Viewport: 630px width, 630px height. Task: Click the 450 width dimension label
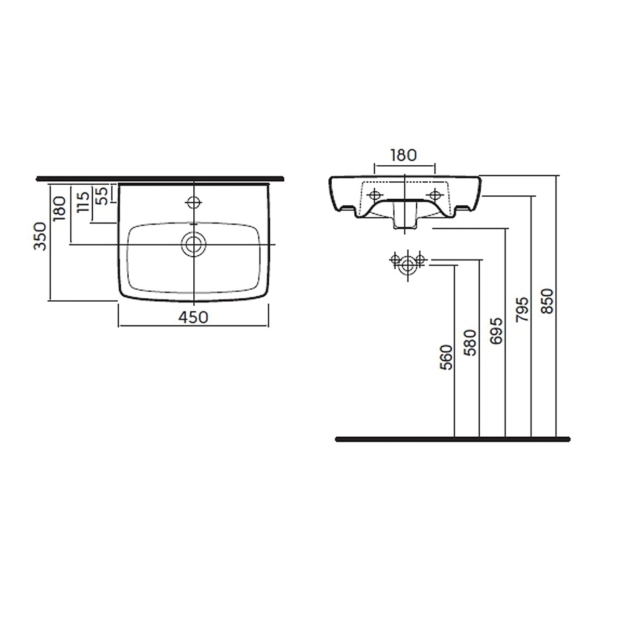tap(193, 317)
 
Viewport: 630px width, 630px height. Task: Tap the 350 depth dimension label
tap(40, 237)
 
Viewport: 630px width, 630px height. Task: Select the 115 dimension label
tap(83, 202)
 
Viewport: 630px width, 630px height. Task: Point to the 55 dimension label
tap(104, 196)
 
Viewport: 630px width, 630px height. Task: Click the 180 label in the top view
tap(59, 209)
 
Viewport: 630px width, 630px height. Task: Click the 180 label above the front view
tap(403, 155)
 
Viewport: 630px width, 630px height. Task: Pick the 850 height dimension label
tap(547, 301)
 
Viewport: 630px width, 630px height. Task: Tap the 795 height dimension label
tap(522, 309)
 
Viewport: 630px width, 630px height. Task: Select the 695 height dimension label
tap(496, 330)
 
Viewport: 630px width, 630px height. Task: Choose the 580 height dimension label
tap(470, 343)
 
